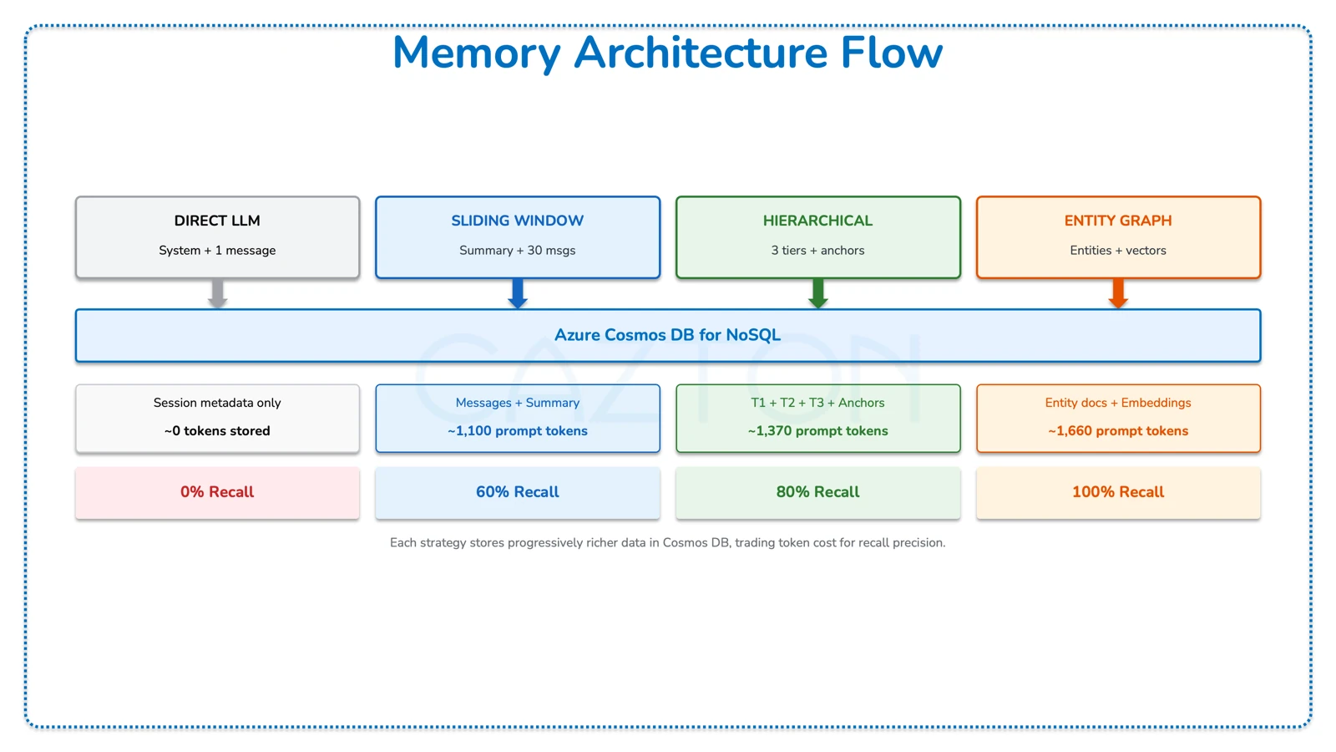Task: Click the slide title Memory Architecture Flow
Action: point(667,53)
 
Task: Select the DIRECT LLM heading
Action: point(217,221)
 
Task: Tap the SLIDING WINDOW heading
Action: point(517,221)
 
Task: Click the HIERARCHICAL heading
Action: point(817,221)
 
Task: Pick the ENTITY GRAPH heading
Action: point(1117,221)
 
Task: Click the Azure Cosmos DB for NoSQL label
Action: point(667,335)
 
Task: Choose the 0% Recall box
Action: point(217,492)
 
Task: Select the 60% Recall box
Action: point(518,492)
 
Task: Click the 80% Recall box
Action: point(817,492)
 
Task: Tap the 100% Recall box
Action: point(1118,492)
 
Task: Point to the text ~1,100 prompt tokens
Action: point(518,431)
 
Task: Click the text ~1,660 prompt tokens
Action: point(1118,431)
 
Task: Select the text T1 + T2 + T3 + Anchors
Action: point(817,403)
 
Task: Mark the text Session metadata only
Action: point(217,403)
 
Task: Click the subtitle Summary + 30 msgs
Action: point(517,250)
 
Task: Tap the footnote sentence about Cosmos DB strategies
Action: point(667,543)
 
